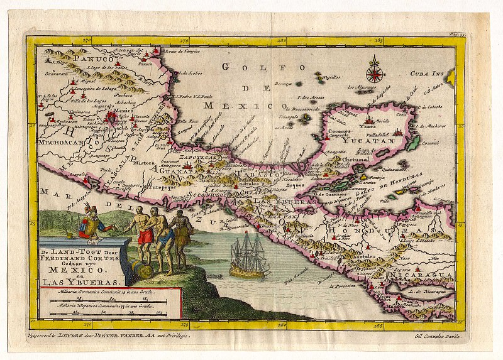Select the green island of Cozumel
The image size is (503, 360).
pyautogui.click(x=414, y=143)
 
